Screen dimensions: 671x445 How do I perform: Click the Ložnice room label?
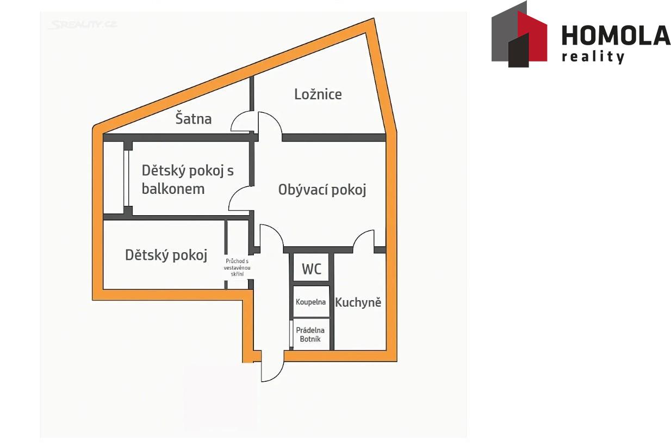318,94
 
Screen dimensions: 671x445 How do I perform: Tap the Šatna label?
194,118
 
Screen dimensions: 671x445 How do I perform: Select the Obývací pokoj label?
322,190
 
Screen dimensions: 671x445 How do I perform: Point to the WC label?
312,269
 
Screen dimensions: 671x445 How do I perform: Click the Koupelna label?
310,302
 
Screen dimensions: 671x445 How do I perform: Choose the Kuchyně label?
358,302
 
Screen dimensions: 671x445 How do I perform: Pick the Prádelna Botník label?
310,334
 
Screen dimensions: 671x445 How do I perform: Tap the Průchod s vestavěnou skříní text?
237,267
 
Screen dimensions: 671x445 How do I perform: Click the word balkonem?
173,189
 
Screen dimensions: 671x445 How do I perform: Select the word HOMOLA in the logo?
616,36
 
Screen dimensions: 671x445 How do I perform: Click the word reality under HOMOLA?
593,57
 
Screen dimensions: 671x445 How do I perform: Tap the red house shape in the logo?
532,36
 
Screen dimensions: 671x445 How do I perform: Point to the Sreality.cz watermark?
83,25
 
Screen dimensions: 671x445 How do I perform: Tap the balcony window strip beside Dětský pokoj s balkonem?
126,178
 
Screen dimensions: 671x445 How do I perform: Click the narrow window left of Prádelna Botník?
290,334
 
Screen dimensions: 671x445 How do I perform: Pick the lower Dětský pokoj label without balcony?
166,255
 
